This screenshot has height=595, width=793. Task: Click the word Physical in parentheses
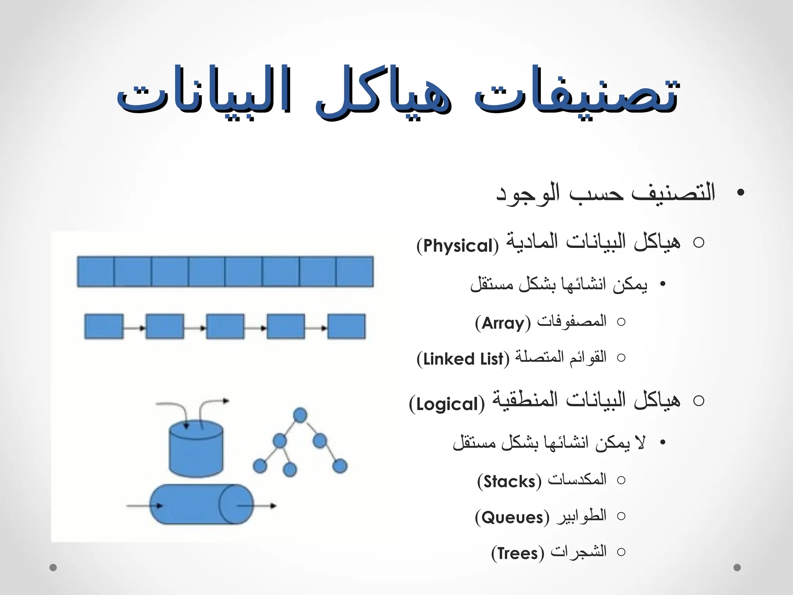[x=457, y=246]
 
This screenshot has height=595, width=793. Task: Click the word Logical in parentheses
[x=446, y=404]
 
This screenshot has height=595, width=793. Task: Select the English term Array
[x=503, y=323]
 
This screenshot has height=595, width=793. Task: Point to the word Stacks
[x=509, y=482]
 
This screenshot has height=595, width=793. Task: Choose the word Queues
[x=512, y=518]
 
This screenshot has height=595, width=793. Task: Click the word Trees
[x=518, y=553]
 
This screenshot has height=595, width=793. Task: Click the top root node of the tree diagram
[x=300, y=415]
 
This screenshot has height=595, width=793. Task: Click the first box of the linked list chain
[x=104, y=327]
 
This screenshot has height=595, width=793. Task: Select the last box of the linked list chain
[x=346, y=327]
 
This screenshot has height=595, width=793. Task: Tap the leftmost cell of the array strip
[x=96, y=272]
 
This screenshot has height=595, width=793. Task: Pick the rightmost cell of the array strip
[x=355, y=272]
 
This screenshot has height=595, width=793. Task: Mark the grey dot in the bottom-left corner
[x=53, y=567]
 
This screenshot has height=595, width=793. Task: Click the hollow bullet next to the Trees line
[x=621, y=552]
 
